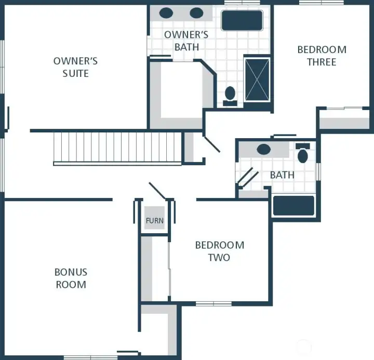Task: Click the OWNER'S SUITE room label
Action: tap(75, 67)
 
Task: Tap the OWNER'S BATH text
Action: tap(186, 41)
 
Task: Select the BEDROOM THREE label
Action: tap(322, 56)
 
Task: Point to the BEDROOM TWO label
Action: tap(219, 251)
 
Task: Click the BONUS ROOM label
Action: tap(71, 278)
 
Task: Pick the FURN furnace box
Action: tap(154, 220)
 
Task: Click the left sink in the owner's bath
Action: tap(166, 13)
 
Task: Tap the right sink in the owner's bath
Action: tap(196, 13)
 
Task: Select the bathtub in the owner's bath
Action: tap(242, 20)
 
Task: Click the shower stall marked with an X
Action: tap(257, 79)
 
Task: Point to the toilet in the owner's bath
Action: tap(230, 95)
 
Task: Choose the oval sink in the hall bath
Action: tap(264, 150)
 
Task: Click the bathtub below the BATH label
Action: tap(293, 205)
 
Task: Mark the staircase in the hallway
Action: tap(117, 148)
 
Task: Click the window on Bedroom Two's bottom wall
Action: tap(213, 303)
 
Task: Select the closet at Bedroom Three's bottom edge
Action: tap(344, 119)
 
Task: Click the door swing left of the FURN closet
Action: tap(157, 190)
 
